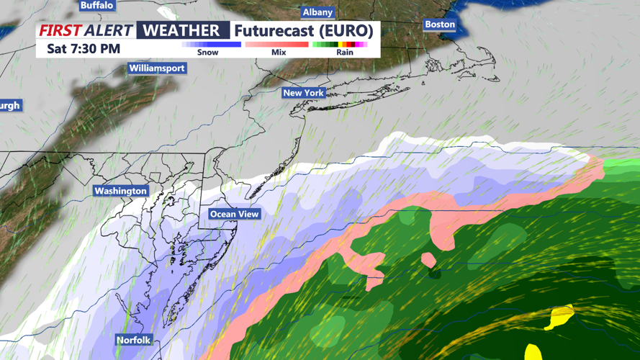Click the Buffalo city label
96,5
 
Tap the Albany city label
317,12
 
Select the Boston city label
439,24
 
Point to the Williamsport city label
157,68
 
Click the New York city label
303,93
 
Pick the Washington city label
121,191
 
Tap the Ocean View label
234,214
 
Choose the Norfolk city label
134,340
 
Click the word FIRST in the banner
59,30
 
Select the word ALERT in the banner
108,30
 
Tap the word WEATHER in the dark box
182,30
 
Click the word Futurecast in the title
275,30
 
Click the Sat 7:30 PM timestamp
84,49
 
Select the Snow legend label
207,53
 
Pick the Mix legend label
279,53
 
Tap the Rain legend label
345,53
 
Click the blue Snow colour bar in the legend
211,45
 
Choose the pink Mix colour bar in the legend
277,45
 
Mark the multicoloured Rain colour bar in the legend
340,45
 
